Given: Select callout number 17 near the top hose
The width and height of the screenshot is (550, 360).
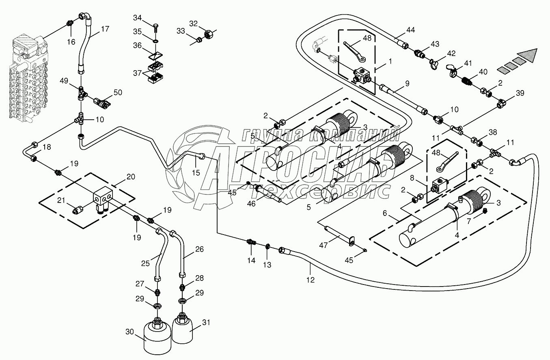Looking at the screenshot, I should coord(105,29).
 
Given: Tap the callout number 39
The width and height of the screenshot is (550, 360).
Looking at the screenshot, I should coord(520,93).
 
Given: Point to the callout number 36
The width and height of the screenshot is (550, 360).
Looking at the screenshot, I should coord(138,45).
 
